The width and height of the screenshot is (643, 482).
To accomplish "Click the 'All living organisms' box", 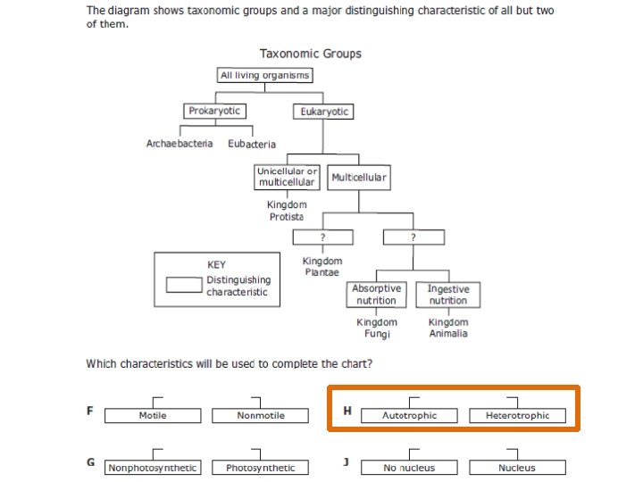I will [264, 76].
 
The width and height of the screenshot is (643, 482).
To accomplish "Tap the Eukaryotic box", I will [322, 112].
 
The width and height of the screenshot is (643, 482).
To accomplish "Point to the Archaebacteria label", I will [180, 144].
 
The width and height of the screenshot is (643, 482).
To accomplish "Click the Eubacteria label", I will [252, 144].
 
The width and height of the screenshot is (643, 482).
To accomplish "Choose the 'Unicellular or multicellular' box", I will [287, 177].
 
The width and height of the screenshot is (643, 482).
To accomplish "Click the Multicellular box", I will [359, 178].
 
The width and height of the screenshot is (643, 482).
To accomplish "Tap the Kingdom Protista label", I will [287, 211].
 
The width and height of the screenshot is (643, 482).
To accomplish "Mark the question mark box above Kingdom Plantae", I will [322, 237].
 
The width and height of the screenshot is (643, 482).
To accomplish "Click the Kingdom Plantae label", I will [322, 266].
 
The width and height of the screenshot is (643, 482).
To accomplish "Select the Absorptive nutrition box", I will [377, 295].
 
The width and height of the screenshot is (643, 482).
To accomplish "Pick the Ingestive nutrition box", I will [447, 295].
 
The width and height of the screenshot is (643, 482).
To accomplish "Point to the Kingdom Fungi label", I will [377, 328].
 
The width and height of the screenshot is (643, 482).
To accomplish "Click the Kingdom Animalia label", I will [447, 328].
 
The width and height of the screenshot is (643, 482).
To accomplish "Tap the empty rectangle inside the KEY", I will [185, 284].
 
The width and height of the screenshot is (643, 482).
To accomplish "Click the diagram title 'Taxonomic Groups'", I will [311, 54].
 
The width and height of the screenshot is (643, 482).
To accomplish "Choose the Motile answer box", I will [153, 416].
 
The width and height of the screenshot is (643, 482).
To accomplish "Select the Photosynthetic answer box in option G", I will [260, 468].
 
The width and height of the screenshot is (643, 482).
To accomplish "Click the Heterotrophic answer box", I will [518, 416].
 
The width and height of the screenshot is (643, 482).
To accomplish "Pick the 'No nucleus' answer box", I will [409, 468].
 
